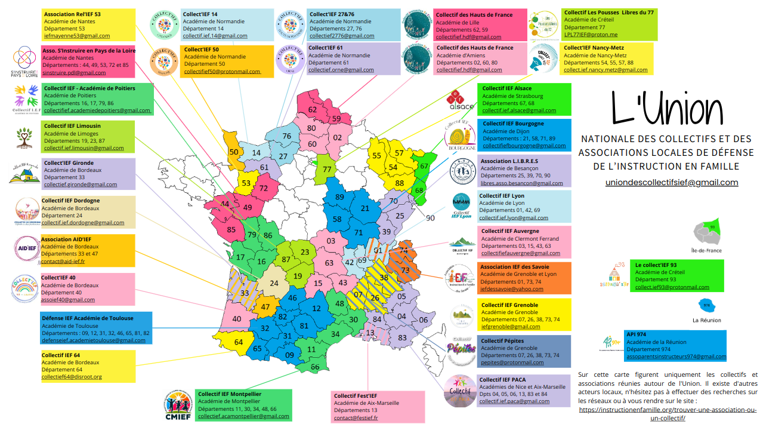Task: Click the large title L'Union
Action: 667,112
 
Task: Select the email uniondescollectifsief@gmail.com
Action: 672,183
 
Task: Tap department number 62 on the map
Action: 312,110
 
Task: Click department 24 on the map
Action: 274,284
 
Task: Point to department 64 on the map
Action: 239,342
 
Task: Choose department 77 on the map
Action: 326,169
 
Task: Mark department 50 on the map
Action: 234,152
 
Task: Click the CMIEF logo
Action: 178,405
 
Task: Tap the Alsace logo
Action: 460,100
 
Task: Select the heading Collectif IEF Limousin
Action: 72,126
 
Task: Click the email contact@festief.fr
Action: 356,418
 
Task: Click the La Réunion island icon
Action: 707,306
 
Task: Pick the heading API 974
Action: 638,334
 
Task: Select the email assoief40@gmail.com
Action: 68,300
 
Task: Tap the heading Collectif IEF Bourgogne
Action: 513,124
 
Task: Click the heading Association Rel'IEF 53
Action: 72,14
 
